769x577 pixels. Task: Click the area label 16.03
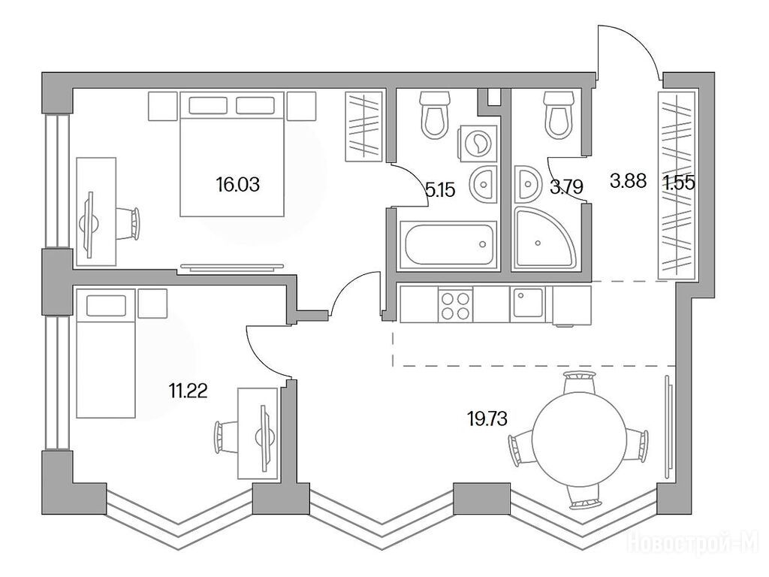237,185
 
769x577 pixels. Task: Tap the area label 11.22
188,391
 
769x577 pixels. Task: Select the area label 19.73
487,419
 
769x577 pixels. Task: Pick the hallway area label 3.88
629,180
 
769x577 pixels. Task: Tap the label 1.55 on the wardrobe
679,183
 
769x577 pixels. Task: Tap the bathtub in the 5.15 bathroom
448,245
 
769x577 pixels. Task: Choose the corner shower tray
544,238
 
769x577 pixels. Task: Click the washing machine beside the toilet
477,143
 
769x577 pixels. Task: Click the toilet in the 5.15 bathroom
436,115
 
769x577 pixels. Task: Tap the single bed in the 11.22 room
105,353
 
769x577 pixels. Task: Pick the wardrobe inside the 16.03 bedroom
363,126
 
